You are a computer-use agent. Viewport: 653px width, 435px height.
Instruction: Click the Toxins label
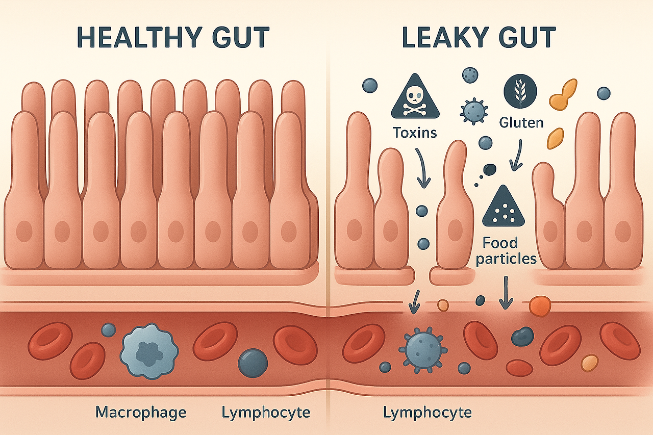pos(415,133)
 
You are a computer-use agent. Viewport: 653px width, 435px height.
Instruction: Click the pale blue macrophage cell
pos(149,350)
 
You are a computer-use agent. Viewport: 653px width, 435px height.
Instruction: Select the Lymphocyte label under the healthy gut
pos(266,412)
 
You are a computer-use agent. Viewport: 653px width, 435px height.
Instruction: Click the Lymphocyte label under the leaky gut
pos(428,412)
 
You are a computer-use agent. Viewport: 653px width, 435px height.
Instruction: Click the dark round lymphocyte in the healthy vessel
pos(253,363)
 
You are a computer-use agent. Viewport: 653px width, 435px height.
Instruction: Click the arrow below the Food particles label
pos(505,293)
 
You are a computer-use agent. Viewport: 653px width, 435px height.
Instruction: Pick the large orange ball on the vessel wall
pos(540,306)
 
